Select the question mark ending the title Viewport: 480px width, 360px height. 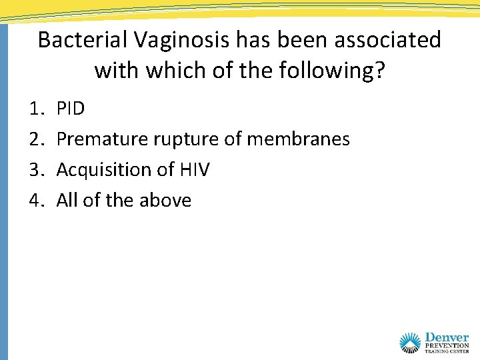coord(380,69)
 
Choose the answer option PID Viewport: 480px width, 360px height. coord(71,109)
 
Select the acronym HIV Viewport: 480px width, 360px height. coord(194,170)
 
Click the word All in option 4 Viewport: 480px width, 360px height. coord(67,201)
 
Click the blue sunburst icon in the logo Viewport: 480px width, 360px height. coord(411,343)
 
